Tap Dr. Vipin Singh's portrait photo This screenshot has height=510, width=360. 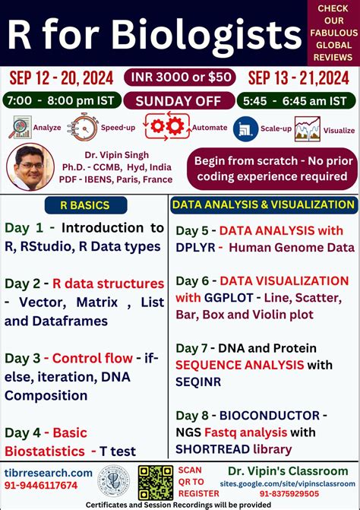click(29, 164)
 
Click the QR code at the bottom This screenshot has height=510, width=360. click(155, 483)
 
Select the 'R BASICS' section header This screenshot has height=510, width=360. click(84, 204)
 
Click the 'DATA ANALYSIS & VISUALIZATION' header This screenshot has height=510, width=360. click(263, 204)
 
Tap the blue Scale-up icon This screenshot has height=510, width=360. click(245, 128)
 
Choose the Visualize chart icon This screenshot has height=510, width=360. click(308, 128)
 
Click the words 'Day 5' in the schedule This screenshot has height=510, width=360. click(191, 230)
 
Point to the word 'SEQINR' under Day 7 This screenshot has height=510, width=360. click(198, 382)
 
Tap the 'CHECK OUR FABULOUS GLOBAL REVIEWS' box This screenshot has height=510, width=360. click(333, 33)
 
